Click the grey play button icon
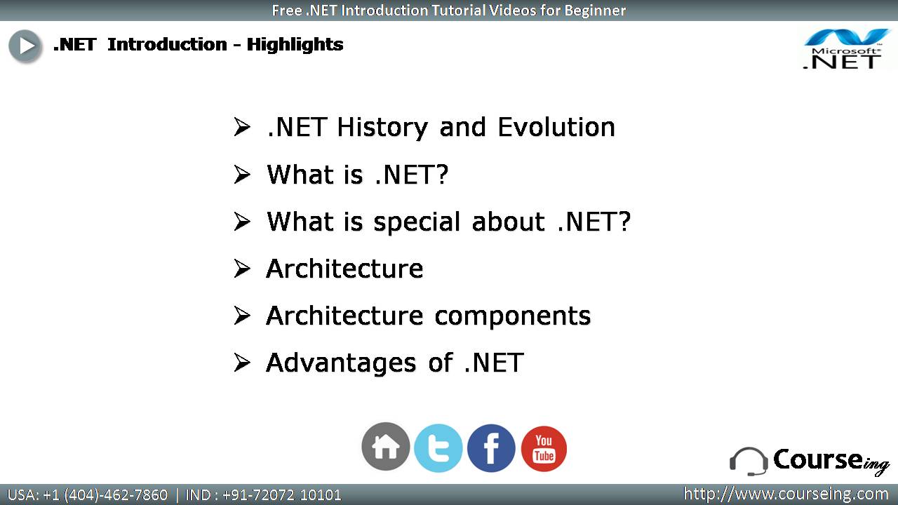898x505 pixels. coord(25,46)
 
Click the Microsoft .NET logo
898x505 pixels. coord(843,49)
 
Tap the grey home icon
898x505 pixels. coord(386,446)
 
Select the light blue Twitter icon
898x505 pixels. coord(438,448)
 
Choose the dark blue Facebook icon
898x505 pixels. coord(491,448)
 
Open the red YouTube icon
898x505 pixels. coord(544,448)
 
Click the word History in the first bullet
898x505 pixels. coord(383,128)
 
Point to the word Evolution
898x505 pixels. coord(556,128)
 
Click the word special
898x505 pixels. coord(417,223)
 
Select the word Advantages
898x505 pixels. coord(341,364)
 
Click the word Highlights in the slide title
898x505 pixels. coord(295,45)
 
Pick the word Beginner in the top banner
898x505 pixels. coord(595,11)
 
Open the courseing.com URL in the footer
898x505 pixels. coord(785,494)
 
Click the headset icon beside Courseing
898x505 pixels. coord(749,462)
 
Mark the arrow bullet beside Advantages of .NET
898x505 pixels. coord(242,363)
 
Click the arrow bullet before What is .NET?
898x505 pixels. coord(242,175)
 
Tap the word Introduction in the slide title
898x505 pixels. coord(167,44)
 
